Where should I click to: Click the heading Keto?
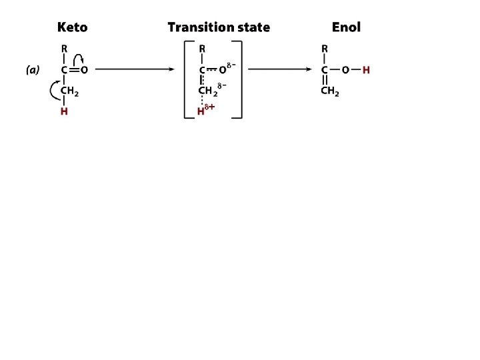pos(72,27)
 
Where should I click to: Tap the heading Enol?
pos(346,27)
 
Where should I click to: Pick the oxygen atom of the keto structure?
pos(85,69)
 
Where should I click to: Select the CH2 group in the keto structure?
pos(69,91)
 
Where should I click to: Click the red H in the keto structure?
pos(63,111)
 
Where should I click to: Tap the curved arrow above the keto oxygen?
pos(78,59)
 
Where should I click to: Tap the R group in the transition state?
pos(202,48)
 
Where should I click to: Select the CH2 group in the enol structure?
pos(330,92)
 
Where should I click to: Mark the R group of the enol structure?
pos(325,48)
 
